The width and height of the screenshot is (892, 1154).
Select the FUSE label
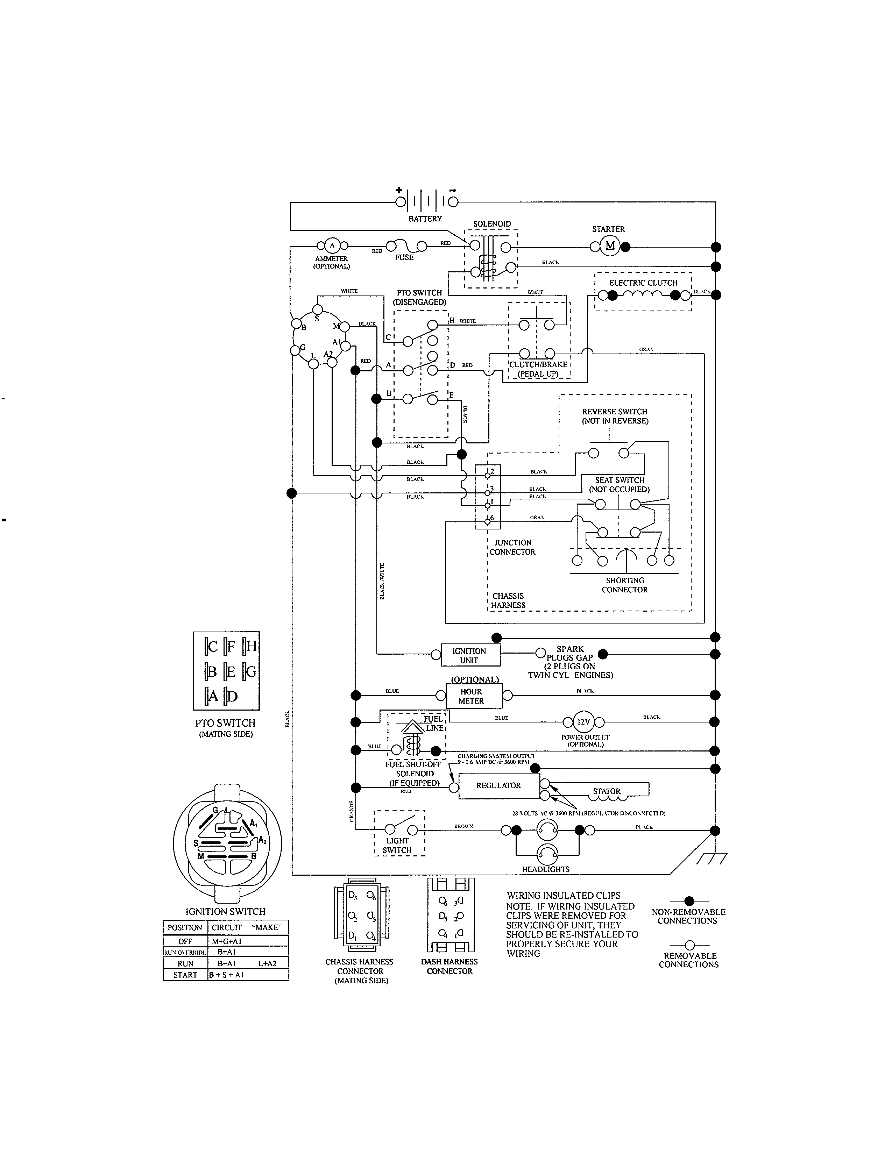tap(404, 257)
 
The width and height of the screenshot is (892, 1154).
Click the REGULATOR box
tap(498, 786)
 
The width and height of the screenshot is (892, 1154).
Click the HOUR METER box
tap(471, 696)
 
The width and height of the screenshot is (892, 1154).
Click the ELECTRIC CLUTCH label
tap(643, 283)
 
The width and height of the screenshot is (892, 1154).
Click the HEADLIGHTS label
tap(546, 869)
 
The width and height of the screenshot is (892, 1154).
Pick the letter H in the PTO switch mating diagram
tap(251, 646)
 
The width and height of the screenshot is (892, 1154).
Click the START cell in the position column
tap(185, 975)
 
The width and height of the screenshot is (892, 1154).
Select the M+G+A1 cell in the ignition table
tap(227, 941)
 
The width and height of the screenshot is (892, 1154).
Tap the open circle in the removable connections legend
tap(689, 945)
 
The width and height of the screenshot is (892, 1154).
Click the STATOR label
tap(606, 791)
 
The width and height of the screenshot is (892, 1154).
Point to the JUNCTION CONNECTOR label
tap(512, 547)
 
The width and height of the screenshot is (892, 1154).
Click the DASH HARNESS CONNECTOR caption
tap(449, 967)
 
